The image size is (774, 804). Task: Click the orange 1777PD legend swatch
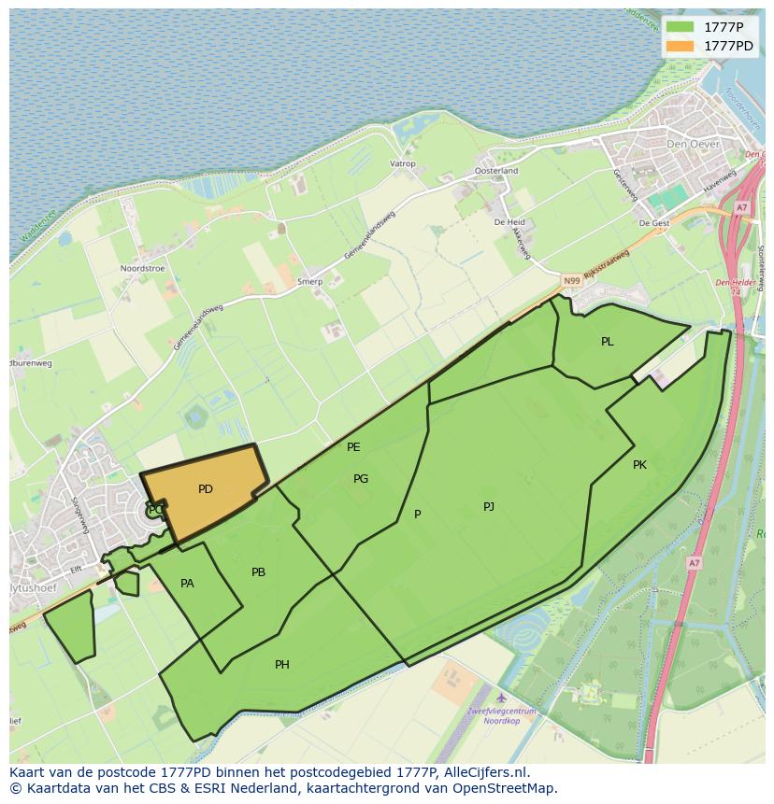click(x=681, y=46)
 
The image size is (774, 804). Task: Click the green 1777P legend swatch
click(x=681, y=27)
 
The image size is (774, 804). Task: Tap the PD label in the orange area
click(x=206, y=489)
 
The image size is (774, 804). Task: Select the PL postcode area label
click(x=608, y=342)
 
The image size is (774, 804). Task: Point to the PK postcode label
click(x=639, y=465)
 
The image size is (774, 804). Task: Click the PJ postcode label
click(x=489, y=507)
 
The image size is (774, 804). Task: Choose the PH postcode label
click(x=282, y=665)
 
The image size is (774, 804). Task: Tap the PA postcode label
click(x=187, y=584)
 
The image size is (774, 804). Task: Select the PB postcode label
click(x=259, y=572)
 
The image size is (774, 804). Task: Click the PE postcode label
click(x=353, y=447)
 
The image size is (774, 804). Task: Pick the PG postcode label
click(x=361, y=479)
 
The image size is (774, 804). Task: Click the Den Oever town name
click(x=689, y=145)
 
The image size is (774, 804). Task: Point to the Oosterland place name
click(x=496, y=171)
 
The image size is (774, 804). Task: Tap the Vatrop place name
click(x=402, y=164)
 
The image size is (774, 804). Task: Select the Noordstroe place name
click(x=142, y=269)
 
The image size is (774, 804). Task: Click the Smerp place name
click(x=309, y=282)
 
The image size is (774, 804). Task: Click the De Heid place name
click(x=509, y=222)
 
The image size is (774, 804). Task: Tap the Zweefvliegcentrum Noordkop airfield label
click(x=502, y=716)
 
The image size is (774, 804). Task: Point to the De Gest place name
click(x=654, y=224)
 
